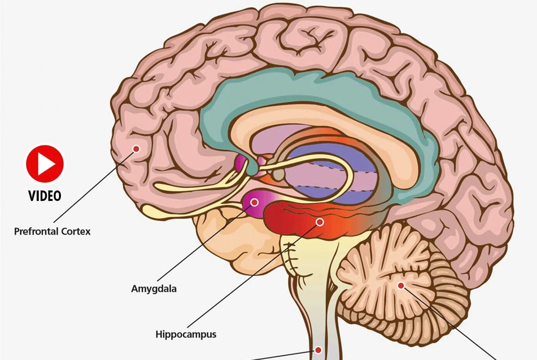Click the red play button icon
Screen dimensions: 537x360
pyautogui.click(x=45, y=164)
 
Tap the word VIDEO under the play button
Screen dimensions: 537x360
pyautogui.click(x=45, y=196)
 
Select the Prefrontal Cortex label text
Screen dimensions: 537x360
pyautogui.click(x=52, y=232)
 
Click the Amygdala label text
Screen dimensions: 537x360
pyautogui.click(x=154, y=289)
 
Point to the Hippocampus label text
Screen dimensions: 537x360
pyautogui.click(x=186, y=334)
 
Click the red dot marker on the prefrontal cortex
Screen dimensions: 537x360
pyautogui.click(x=136, y=149)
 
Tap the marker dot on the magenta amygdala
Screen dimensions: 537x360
pyautogui.click(x=254, y=202)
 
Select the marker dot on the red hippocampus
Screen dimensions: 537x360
pyautogui.click(x=320, y=222)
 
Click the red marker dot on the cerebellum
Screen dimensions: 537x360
pyautogui.click(x=401, y=286)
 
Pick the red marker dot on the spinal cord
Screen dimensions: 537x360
pyautogui.click(x=318, y=350)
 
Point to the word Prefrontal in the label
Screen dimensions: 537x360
pyautogui.click(x=36, y=232)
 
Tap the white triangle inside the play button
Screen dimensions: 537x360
pyautogui.click(x=46, y=164)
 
